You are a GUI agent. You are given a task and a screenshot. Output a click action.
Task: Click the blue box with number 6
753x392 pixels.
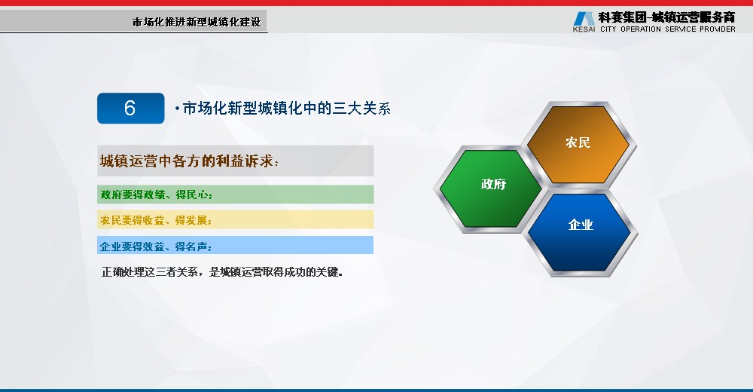(130, 109)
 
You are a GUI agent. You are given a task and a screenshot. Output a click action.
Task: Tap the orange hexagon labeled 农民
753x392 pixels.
(578, 144)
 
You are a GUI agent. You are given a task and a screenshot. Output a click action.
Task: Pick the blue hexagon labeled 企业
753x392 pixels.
(579, 232)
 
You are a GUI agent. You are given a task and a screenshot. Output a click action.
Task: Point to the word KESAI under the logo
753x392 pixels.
(584, 29)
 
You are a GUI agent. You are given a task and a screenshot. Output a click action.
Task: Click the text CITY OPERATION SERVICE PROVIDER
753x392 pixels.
(667, 29)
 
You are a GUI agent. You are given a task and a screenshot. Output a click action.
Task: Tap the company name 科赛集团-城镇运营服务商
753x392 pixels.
(666, 17)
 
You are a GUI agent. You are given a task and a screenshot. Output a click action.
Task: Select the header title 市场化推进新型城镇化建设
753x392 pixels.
(197, 22)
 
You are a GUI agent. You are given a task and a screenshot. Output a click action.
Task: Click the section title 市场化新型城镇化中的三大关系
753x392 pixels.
(287, 109)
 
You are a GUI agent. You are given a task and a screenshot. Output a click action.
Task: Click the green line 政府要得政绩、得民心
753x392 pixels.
(157, 194)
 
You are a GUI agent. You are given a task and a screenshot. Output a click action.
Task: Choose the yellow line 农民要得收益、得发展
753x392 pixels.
(156, 220)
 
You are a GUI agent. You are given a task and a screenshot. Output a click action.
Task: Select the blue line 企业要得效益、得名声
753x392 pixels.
(156, 247)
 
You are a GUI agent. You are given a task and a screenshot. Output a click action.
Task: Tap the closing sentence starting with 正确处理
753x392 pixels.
(222, 271)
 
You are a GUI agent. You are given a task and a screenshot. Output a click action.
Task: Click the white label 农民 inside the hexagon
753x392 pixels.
(578, 142)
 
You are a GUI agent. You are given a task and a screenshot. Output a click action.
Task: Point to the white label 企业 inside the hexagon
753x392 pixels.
(581, 225)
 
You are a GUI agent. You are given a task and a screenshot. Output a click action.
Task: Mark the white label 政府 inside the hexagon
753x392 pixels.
(494, 184)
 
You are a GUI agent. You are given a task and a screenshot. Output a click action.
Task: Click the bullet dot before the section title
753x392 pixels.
(177, 109)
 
